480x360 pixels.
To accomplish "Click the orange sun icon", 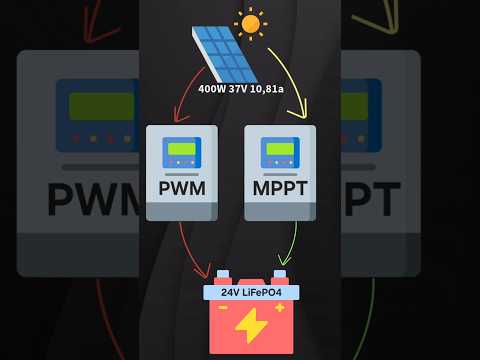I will point(250,23).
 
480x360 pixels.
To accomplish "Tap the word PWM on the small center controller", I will point(181,188).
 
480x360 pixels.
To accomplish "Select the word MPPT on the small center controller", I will point(280,188).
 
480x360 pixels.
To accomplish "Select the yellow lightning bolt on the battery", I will point(250,326).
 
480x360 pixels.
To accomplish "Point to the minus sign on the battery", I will point(222,308).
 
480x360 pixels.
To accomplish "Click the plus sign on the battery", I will point(279,308).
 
